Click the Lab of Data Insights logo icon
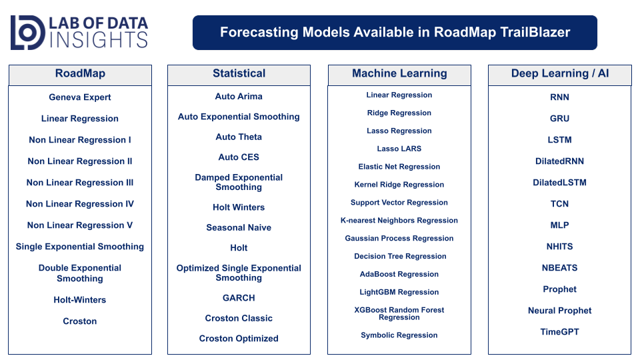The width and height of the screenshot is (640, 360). pos(28,33)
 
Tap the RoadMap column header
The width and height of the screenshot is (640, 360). pos(80,73)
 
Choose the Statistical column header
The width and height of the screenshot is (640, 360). pos(239,73)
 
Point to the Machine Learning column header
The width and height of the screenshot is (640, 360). pos(399,73)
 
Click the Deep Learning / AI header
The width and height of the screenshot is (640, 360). pos(559,73)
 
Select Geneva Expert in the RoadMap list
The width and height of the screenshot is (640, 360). pos(80,97)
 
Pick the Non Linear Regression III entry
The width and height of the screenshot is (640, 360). pos(80,183)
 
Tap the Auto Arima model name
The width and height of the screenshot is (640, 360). pos(239,96)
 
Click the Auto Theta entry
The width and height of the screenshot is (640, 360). pos(239,137)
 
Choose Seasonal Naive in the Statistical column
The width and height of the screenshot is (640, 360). pos(239,227)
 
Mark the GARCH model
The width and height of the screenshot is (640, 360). pos(239,298)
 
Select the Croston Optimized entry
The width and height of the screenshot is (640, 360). pos(239,339)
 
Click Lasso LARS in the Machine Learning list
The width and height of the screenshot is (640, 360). pos(399,149)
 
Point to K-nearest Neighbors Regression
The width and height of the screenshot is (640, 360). pos(399,221)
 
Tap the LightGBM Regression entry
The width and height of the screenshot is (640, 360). pos(399,292)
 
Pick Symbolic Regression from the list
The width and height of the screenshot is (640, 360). pos(399,335)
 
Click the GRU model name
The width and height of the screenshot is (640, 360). pos(559,119)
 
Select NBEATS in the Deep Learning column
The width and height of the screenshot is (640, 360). pos(559,268)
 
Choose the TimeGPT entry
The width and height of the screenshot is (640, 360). pos(559,332)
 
